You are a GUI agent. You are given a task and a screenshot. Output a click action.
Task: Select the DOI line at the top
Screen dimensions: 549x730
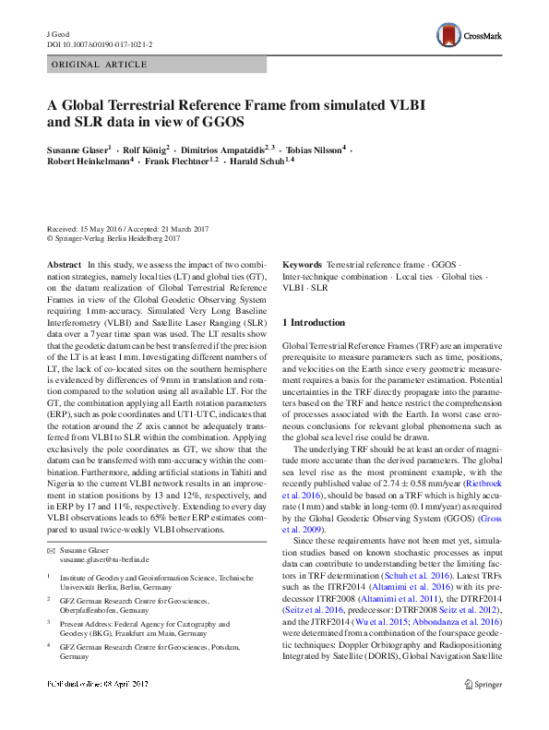[99, 43]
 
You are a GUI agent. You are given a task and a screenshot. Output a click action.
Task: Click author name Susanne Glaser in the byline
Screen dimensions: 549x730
[78, 149]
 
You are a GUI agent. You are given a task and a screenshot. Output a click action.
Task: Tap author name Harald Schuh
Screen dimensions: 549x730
[257, 161]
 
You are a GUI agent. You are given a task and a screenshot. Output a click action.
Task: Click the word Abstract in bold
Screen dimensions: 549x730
[64, 264]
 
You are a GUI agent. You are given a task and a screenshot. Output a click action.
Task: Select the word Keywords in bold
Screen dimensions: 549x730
[302, 264]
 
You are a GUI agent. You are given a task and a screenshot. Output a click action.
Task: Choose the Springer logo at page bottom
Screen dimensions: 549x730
[483, 710]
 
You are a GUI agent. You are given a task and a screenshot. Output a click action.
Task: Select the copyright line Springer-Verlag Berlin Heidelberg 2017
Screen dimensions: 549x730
[113, 238]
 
